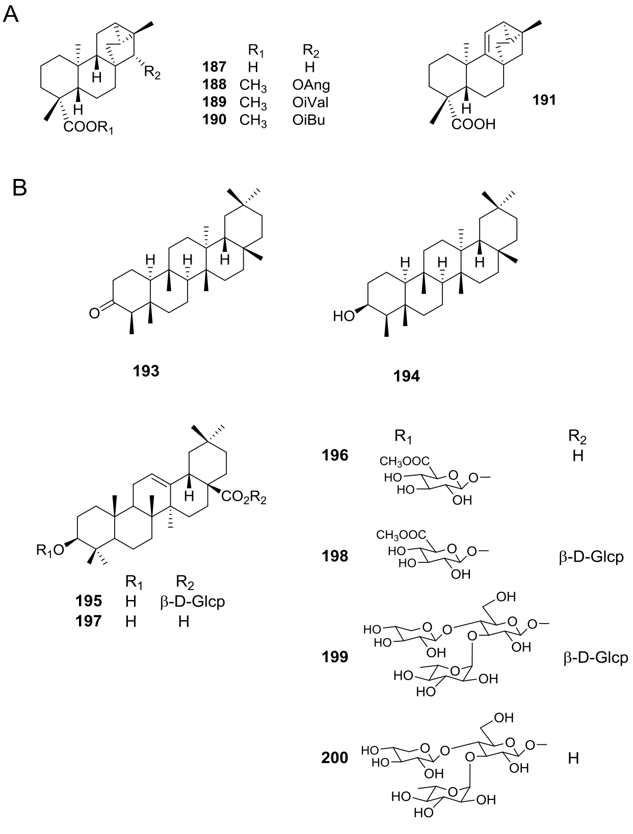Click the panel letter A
click(x=11, y=14)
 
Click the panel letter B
click(x=19, y=188)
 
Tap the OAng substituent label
click(x=308, y=85)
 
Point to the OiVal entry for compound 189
click(x=307, y=102)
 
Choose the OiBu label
click(x=306, y=120)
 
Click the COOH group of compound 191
click(x=472, y=124)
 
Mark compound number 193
click(x=146, y=371)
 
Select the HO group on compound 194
click(x=344, y=317)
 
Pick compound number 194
click(x=407, y=377)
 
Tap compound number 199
click(x=335, y=657)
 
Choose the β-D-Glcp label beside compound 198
click(x=591, y=556)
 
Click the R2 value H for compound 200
click(x=573, y=758)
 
